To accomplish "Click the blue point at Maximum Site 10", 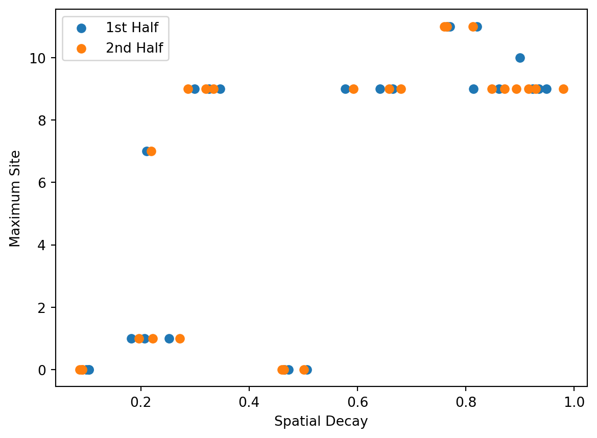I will (x=520, y=58).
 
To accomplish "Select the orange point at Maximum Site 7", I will (x=151, y=151).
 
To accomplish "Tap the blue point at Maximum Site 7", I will (x=146, y=151).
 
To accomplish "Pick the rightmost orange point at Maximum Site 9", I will (x=563, y=89).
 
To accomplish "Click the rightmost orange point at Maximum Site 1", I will (x=180, y=338).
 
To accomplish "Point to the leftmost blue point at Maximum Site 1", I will (x=131, y=338).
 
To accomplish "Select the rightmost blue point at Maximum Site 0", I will (x=307, y=370).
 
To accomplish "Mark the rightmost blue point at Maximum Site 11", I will (x=477, y=27).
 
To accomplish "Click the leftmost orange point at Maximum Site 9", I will (x=188, y=89).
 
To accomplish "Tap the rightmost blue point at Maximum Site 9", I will (x=546, y=89).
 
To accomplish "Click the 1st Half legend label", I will (x=132, y=28).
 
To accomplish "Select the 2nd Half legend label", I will (x=134, y=48).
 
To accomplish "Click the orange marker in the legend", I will (x=81, y=48).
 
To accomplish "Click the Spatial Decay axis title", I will (x=321, y=422).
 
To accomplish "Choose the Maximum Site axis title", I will (x=16, y=199).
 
